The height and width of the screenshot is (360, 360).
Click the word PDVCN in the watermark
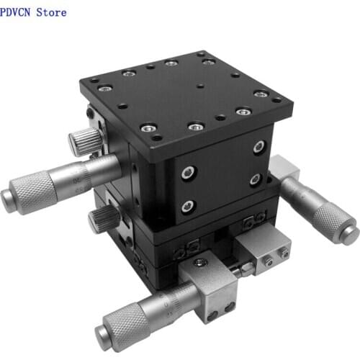(15, 12)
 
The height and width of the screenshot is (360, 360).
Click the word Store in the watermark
(51, 12)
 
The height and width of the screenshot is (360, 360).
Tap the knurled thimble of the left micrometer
(34, 192)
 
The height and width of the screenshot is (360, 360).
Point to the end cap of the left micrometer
(6, 201)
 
